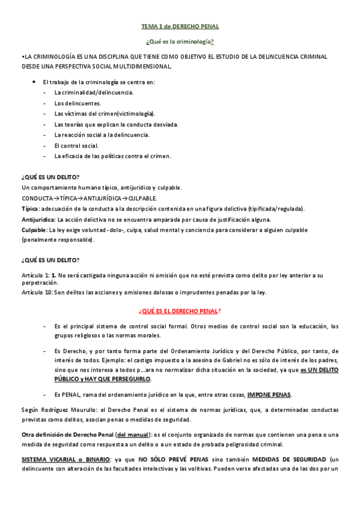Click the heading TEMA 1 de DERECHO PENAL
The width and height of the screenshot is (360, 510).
tap(180, 27)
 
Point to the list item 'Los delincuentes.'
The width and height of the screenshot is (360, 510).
tap(78, 103)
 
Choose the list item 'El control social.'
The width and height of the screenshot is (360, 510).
tap(76, 146)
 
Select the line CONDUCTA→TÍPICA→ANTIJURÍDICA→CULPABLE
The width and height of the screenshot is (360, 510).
tap(90, 198)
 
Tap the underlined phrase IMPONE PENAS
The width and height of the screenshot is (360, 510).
tap(269, 395)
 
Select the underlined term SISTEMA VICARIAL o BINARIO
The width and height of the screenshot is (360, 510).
tap(59, 459)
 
